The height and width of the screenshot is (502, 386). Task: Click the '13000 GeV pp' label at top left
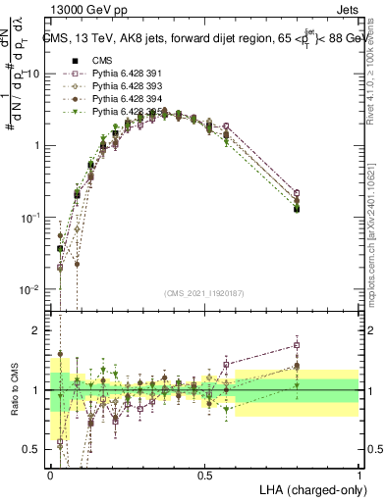click(x=84, y=11)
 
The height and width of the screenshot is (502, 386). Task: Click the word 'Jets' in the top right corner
click(x=345, y=11)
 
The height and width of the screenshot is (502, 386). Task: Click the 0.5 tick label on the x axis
click(x=204, y=475)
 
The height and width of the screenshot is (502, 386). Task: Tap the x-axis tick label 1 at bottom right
click(x=358, y=475)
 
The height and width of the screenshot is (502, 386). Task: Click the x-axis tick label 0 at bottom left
click(x=50, y=475)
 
